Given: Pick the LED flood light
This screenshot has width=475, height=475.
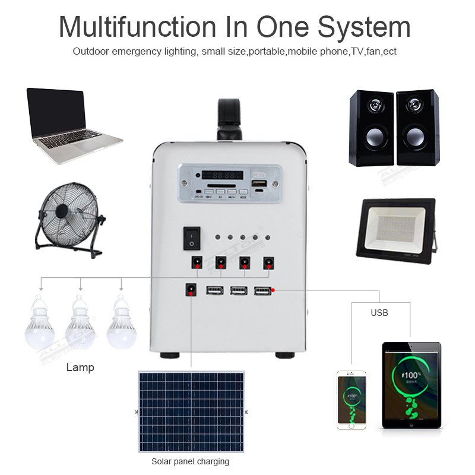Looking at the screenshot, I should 395,228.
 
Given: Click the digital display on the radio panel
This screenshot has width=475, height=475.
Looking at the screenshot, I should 222,176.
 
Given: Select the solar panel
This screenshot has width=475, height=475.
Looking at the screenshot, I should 191,411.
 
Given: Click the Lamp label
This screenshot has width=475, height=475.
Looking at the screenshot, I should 80,368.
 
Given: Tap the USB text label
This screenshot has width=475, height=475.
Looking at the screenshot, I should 379,312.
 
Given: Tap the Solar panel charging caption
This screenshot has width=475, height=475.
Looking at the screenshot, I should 190,461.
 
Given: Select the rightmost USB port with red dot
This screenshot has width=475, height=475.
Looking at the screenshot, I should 262,290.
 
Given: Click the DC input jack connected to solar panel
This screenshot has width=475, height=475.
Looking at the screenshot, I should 191,290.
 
